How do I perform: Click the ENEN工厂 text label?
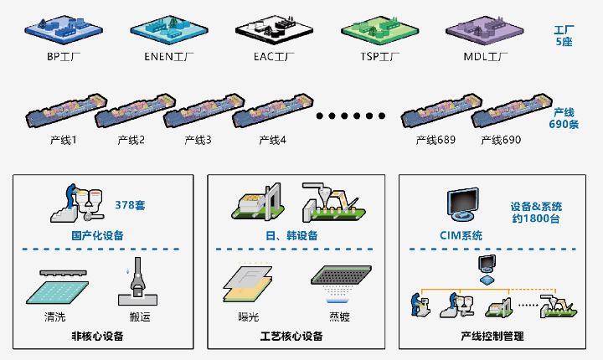pyautogui.click(x=163, y=58)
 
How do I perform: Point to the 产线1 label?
pyautogui.click(x=63, y=140)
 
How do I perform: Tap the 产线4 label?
pyautogui.click(x=273, y=140)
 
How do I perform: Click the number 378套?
pyautogui.click(x=130, y=204)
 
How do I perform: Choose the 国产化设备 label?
pyautogui.click(x=97, y=235)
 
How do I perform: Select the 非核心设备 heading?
pyautogui.click(x=97, y=337)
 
